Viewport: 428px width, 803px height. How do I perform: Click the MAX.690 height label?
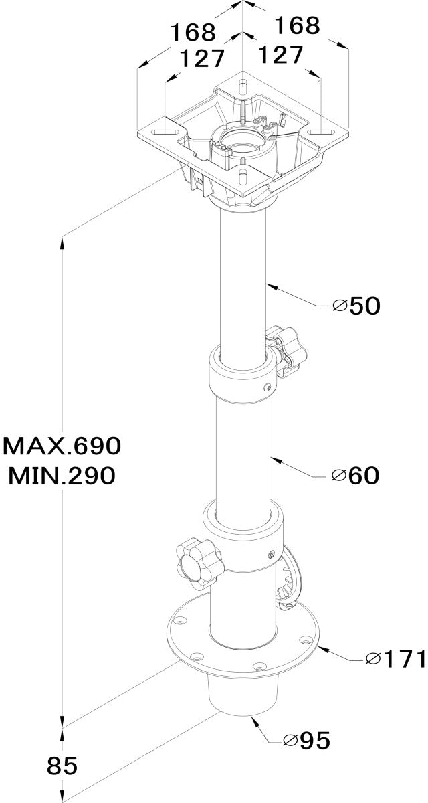62,446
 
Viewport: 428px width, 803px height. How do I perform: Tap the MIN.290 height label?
62,475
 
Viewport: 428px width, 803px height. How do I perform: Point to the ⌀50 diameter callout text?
356,306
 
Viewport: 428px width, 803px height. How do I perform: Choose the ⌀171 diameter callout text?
396,658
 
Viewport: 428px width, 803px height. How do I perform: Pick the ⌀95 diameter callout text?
306,740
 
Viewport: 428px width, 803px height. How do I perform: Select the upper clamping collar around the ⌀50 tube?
243,373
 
